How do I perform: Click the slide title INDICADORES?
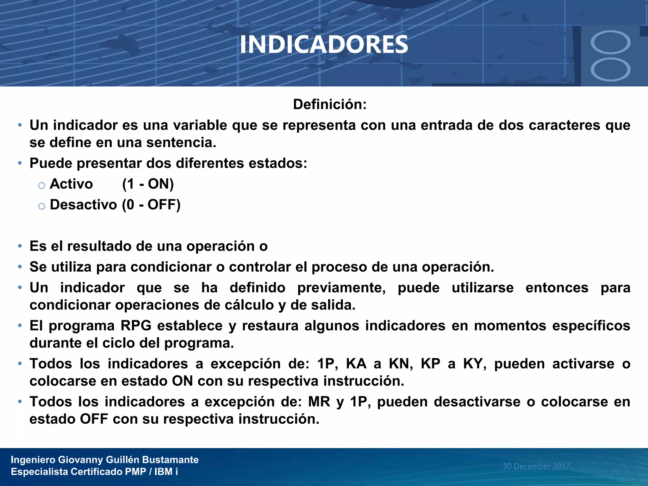click(324, 44)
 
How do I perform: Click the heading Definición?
click(330, 104)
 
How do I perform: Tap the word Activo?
click(71, 184)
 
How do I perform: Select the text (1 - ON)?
click(148, 184)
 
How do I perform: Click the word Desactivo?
click(83, 205)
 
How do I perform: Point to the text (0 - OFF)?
click(151, 205)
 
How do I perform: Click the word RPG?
click(136, 326)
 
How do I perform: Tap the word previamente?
click(341, 288)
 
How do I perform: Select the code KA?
click(356, 364)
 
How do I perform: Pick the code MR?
click(319, 402)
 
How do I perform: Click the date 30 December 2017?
click(536, 466)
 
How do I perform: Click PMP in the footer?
click(135, 472)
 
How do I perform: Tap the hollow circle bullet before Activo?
click(41, 185)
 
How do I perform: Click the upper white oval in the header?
click(610, 42)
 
